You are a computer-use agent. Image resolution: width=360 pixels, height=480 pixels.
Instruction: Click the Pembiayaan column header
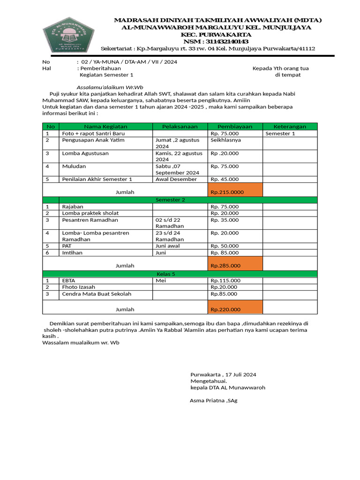pos(234,127)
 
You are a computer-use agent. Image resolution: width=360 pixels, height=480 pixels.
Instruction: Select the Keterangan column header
pos(290,127)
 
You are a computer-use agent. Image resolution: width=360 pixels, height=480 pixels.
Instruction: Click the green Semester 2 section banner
pos(170,200)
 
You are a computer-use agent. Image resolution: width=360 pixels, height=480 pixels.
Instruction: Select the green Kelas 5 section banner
pos(165,274)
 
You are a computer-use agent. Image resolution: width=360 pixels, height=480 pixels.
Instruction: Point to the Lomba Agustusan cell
pos(85,153)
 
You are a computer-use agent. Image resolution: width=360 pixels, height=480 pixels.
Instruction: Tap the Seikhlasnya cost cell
pos(225,140)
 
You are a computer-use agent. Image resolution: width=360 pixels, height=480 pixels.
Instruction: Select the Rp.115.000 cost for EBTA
pos(225,280)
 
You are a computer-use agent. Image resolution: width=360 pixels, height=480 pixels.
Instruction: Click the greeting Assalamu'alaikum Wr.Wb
pos(110,87)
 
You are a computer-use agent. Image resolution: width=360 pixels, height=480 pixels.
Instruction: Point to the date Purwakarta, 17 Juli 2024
pos(223,375)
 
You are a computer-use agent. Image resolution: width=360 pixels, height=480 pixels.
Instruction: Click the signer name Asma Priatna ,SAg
pos(213,400)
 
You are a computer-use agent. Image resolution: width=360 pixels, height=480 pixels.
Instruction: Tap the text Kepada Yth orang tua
pos(280,68)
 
